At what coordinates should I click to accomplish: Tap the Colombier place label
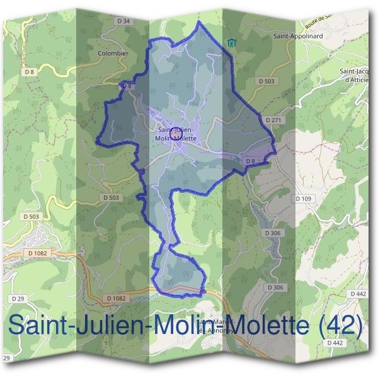pos(113,54)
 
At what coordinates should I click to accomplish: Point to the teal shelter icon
pos(231,43)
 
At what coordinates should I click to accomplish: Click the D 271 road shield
pos(273,120)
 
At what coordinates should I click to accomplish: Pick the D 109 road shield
pos(304,198)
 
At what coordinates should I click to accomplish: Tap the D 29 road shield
pos(17,297)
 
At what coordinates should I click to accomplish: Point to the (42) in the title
pos(341,325)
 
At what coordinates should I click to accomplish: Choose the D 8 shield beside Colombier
pos(126,86)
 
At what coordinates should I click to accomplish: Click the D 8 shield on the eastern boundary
pos(250,161)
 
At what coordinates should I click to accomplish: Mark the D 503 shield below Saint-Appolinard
pos(268,81)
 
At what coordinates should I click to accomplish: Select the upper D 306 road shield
pos(273,233)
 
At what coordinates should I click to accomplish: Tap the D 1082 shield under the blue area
pos(116,297)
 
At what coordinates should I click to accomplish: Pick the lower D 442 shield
pos(335,343)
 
